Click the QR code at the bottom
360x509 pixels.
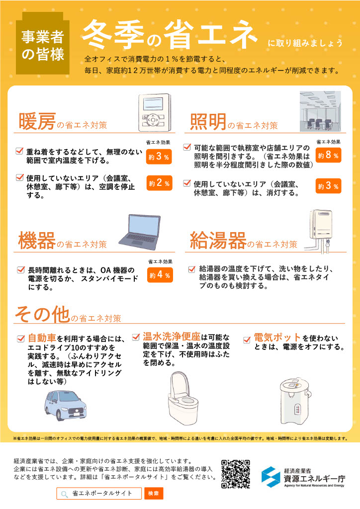(x=236, y=474)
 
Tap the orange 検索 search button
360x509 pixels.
(x=154, y=494)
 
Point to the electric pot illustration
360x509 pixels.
(x=295, y=401)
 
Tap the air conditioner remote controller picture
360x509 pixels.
(x=154, y=112)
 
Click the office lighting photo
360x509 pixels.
(x=320, y=111)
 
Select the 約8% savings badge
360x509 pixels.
(x=328, y=155)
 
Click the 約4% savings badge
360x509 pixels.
(x=160, y=275)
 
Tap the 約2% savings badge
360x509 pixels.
(x=159, y=183)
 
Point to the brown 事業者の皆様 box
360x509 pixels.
(x=43, y=43)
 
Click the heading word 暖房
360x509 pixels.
(x=37, y=121)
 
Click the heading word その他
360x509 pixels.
(x=42, y=314)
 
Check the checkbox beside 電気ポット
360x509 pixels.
(x=247, y=339)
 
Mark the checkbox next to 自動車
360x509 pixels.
(x=21, y=339)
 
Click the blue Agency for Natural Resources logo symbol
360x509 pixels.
(x=270, y=477)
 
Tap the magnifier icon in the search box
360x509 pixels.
(x=64, y=494)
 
